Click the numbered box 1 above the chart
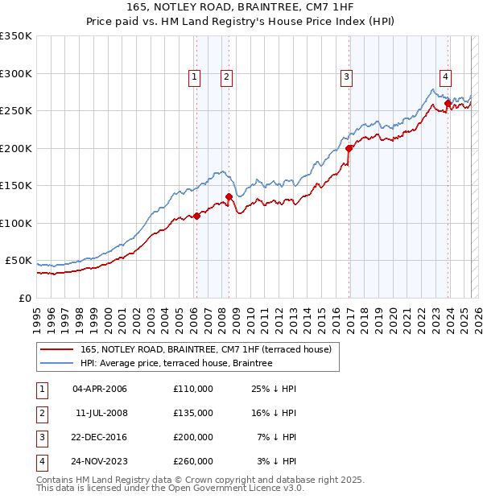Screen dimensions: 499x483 [x=195, y=77]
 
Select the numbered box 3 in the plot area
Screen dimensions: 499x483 [x=346, y=77]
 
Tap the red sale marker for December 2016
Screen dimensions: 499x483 [x=349, y=148]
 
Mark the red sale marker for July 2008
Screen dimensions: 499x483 [x=229, y=196]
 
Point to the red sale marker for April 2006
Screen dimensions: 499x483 [x=196, y=216]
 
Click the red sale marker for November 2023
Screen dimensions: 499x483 [x=448, y=103]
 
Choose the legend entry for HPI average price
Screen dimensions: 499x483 [x=176, y=363]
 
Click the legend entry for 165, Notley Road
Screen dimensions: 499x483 [x=211, y=349]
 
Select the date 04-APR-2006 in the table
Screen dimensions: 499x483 [x=100, y=389]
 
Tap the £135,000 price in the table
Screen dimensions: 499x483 [x=193, y=413]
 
